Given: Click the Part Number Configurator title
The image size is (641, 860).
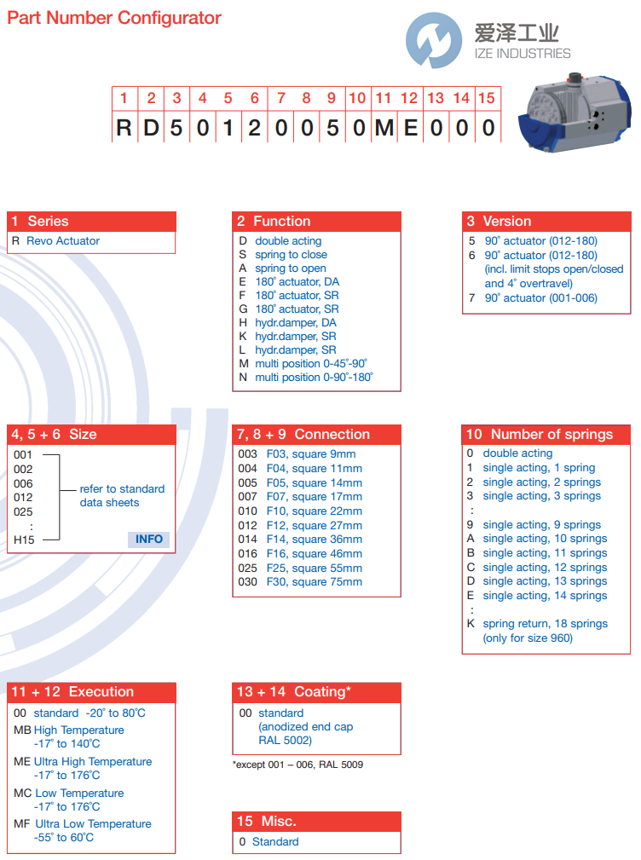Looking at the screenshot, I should point(114,18).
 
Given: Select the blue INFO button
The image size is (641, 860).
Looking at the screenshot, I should point(149,540).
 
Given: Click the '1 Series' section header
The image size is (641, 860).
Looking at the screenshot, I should point(91,221).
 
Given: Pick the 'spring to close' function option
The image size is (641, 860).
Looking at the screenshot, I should point(290,255).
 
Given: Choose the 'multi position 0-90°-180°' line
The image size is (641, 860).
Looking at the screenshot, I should point(314,377).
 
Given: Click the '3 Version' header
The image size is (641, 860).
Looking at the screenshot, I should point(546,221).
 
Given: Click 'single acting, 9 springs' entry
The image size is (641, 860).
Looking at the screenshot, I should point(541,525).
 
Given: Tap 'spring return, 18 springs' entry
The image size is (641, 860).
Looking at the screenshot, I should point(545,624).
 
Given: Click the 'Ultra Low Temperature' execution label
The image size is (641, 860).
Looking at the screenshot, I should point(93,823).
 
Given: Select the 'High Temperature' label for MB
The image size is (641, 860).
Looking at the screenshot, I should point(79,730).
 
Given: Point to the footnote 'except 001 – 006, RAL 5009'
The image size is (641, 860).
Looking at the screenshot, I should point(298,765).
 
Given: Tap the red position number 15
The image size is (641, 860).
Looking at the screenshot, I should point(487,98).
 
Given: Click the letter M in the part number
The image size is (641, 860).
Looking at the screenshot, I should point(384,128).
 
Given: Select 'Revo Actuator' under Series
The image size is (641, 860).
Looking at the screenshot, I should point(63,241).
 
